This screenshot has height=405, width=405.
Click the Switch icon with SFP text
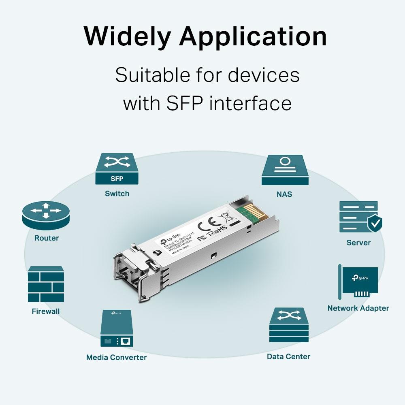pyautogui.click(x=117, y=169)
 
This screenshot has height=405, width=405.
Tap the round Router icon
pyautogui.click(x=46, y=215)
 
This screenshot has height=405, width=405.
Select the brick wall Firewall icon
pyautogui.click(x=46, y=284)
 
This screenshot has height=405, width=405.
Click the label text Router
pyautogui.click(x=47, y=238)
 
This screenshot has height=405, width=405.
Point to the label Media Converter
pyautogui.click(x=116, y=357)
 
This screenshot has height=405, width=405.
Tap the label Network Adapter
pyautogui.click(x=358, y=308)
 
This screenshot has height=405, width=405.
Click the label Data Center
pyautogui.click(x=288, y=357)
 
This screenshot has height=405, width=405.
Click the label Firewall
pyautogui.click(x=46, y=311)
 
